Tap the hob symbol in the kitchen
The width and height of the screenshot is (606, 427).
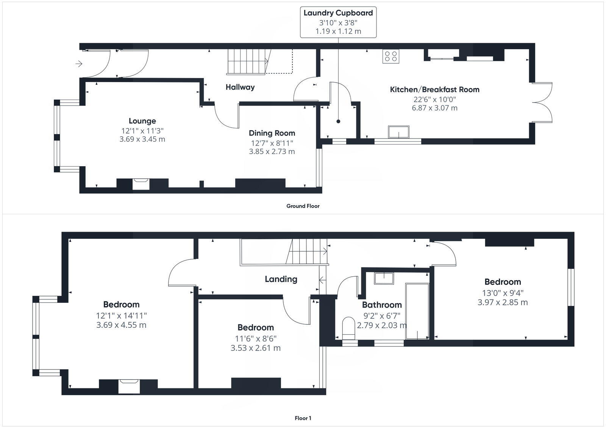click(x=391, y=56)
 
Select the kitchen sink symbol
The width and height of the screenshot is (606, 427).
click(x=399, y=132)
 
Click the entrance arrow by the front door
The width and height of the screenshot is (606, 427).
click(x=79, y=64)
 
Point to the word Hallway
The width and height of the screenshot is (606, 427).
click(x=240, y=87)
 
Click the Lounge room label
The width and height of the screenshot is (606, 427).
click(x=142, y=121)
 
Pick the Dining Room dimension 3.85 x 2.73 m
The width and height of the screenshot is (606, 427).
click(x=272, y=151)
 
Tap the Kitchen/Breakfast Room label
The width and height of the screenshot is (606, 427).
click(x=434, y=90)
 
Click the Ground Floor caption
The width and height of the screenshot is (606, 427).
click(x=303, y=206)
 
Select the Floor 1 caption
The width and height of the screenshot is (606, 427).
click(x=303, y=418)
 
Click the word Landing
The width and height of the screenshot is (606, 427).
click(x=281, y=279)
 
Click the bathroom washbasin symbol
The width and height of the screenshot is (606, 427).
click(x=384, y=278)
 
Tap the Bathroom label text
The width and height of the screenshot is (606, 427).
click(x=381, y=305)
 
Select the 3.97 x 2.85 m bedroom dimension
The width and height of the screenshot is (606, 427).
click(x=502, y=302)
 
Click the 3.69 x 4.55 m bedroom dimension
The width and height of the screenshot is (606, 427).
click(x=121, y=325)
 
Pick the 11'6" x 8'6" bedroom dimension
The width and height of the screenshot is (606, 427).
click(x=256, y=339)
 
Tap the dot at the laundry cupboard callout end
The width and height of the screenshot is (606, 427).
click(x=338, y=122)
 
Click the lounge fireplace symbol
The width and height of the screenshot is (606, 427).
click(x=141, y=184)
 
